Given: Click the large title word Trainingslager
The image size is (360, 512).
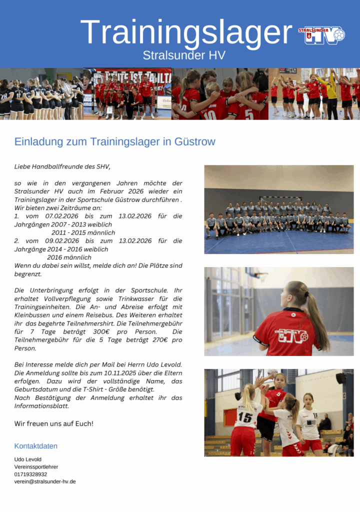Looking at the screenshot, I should pyautogui.click(x=185, y=33).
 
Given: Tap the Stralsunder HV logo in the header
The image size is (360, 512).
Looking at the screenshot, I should pyautogui.click(x=321, y=35).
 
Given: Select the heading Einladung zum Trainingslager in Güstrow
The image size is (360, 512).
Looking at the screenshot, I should pyautogui.click(x=115, y=141).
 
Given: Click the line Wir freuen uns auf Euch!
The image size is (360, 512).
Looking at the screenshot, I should pyautogui.click(x=53, y=423).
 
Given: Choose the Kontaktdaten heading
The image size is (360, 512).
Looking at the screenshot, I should pyautogui.click(x=35, y=446).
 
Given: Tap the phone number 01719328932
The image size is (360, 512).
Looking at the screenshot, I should pyautogui.click(x=30, y=474).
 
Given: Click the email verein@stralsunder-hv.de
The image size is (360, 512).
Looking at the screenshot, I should pyautogui.click(x=45, y=481).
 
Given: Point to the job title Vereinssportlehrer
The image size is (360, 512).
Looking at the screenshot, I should pyautogui.click(x=36, y=466).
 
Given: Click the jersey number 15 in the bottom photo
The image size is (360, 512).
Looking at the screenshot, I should pyautogui.click(x=245, y=417).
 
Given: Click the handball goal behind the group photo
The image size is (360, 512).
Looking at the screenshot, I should pyautogui.click(x=280, y=200).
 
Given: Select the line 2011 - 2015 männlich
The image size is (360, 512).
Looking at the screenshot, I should pyautogui.click(x=83, y=232).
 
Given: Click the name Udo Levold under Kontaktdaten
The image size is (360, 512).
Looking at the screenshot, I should pyautogui.click(x=27, y=459).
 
